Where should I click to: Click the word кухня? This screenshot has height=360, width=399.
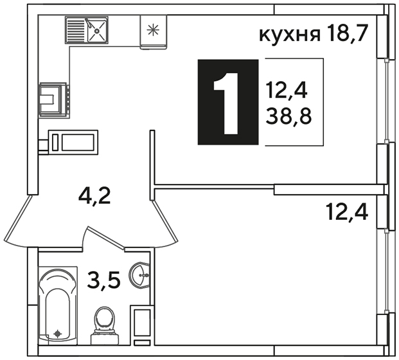(x=290, y=35)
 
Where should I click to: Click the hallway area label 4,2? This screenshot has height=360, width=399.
(x=94, y=196)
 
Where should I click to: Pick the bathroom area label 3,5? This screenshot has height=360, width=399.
(x=103, y=280)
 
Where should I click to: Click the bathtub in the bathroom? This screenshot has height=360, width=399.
(x=58, y=305)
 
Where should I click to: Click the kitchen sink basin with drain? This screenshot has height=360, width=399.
(x=96, y=30)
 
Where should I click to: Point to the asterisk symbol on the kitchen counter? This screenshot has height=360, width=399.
(x=154, y=30)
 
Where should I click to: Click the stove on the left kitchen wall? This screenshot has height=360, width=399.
(x=54, y=100)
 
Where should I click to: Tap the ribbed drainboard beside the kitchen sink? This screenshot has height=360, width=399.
(x=76, y=30)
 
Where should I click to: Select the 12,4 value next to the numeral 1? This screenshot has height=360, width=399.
(x=287, y=91)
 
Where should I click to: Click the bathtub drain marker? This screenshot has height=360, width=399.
(x=58, y=333)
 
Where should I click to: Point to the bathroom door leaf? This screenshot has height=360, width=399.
(x=105, y=237)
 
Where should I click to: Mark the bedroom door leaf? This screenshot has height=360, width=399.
(x=164, y=221)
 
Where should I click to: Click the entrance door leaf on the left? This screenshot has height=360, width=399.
(x=19, y=219)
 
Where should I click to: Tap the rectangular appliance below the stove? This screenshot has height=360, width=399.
(x=73, y=142)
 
